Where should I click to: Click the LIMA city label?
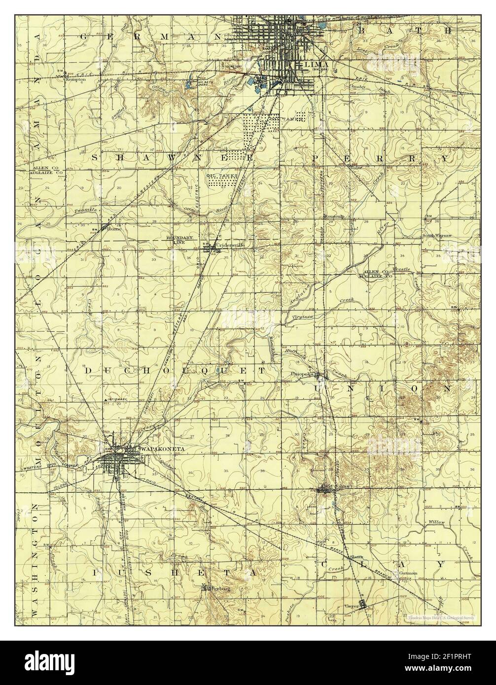tap(308, 64)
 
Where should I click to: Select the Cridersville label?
tap(230, 245)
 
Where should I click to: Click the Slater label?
tap(357, 557)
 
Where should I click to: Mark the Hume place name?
tap(114, 229)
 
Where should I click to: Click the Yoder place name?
tap(356, 168)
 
